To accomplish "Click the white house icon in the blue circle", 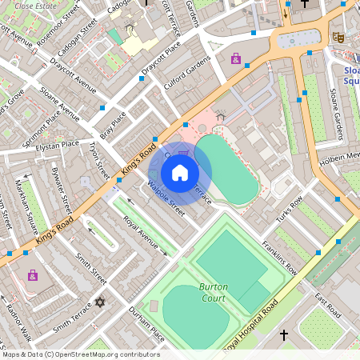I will [x=180, y=172].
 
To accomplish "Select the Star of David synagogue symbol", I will [x=100, y=302].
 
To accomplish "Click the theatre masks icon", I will [x=338, y=37].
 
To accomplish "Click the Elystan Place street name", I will [x=58, y=145].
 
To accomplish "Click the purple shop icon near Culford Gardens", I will [x=235, y=58].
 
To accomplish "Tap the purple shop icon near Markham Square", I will [x=33, y=275].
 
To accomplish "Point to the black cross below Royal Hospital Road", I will [x=283, y=334].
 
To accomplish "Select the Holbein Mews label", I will [x=344, y=155].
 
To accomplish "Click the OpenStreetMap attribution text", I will [x=80, y=354].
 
